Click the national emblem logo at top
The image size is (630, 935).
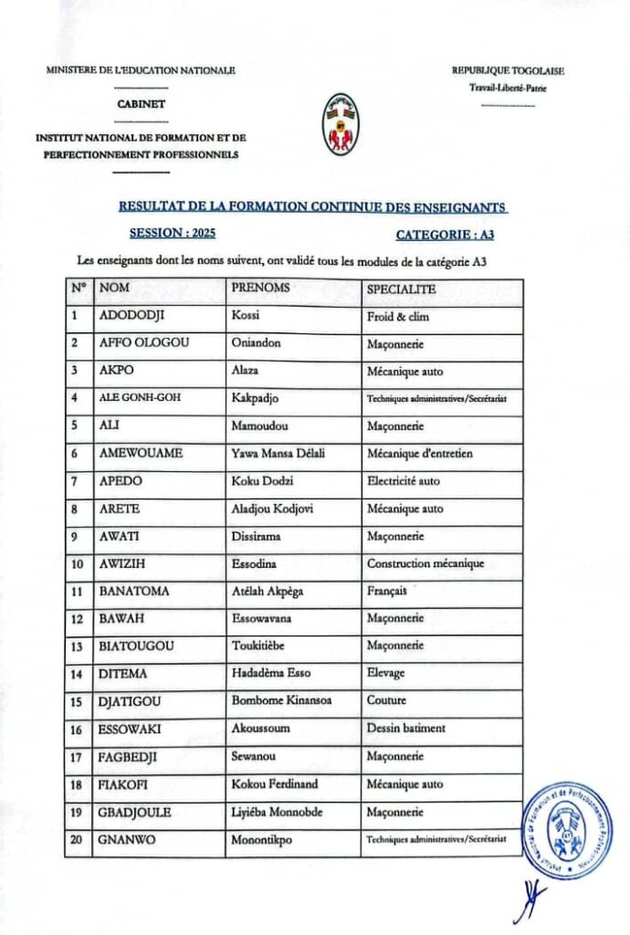(342, 123)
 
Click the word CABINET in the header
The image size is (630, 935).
(142, 104)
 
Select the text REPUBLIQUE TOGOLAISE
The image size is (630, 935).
(508, 70)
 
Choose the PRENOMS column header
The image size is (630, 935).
(261, 288)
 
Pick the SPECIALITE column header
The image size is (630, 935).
(401, 289)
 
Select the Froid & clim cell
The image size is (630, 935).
(398, 317)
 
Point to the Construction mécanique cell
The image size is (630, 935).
(425, 563)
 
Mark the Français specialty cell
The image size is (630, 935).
(387, 592)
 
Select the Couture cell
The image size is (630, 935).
(387, 701)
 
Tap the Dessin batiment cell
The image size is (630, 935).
(406, 729)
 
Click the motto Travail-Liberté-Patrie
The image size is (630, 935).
(508, 89)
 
